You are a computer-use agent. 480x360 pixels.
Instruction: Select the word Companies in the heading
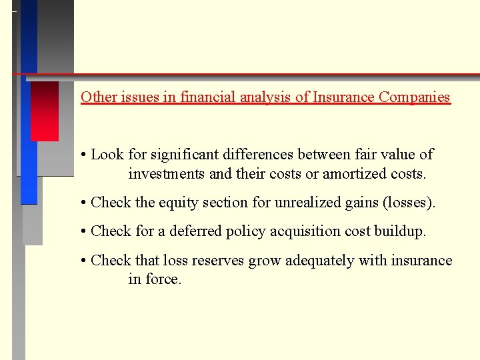tap(414, 97)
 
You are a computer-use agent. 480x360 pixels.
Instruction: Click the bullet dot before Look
tap(84, 155)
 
